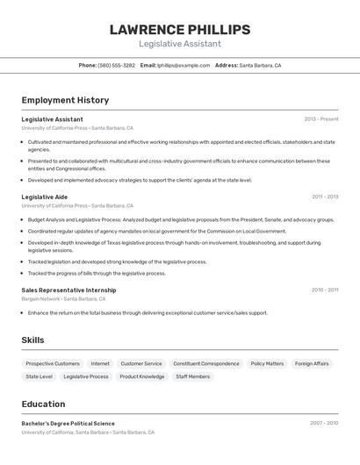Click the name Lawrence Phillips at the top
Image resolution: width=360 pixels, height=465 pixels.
coord(180,30)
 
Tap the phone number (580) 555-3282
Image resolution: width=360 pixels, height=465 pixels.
coord(117,65)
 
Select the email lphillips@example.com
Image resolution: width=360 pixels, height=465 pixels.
coord(184,65)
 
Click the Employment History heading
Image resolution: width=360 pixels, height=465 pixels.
coord(65,100)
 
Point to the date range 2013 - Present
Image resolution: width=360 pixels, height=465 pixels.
coord(321,119)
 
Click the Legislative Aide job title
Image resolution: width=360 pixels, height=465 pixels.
coord(45,197)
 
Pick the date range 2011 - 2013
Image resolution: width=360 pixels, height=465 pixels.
coord(325,197)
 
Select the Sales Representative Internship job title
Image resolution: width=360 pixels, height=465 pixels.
coord(68,290)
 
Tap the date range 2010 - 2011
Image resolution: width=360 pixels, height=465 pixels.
coord(325,290)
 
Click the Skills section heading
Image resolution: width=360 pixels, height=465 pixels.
coord(33,340)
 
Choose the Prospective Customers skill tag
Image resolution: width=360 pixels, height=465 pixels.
coord(53,363)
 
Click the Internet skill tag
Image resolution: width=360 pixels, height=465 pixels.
coord(100,363)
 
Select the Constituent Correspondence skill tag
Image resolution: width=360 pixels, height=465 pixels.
coord(206,363)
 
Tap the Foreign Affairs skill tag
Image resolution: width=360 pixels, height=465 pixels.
coord(312,363)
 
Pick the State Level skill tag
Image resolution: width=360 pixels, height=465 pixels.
coord(40,376)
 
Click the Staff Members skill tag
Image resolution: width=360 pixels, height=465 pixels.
coord(193,376)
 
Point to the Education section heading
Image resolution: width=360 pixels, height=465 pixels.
coord(44,404)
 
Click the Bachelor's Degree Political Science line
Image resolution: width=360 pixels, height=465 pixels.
coord(68,424)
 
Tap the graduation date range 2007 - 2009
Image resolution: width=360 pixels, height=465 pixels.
coord(324,424)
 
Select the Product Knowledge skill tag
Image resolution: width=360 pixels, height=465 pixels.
coord(142,376)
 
